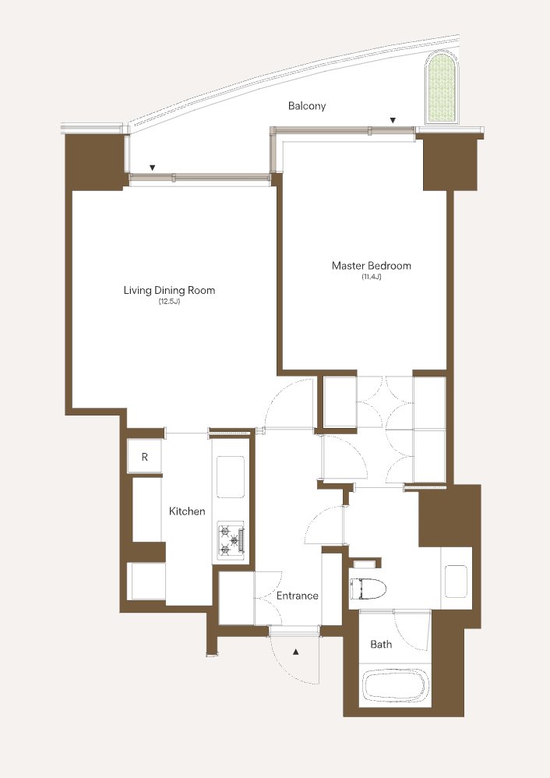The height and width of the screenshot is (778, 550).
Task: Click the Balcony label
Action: point(307,106)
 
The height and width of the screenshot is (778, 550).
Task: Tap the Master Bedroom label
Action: point(372,266)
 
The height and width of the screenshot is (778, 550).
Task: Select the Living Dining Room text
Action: point(169,290)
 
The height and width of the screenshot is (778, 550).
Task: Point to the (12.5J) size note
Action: point(169,302)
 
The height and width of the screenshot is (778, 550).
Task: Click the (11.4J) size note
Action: point(372,277)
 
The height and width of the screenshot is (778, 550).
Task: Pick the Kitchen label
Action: point(187,511)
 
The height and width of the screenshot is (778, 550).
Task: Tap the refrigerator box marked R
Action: point(144,457)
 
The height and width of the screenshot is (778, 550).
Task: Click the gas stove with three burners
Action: point(231,539)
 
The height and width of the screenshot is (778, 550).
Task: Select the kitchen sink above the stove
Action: point(231,477)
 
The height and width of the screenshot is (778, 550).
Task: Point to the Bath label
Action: point(381,644)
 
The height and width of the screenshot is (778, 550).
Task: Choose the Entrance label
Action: point(297,596)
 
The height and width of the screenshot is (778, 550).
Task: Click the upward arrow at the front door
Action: point(296,652)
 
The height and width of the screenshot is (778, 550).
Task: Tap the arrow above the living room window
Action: point(153,168)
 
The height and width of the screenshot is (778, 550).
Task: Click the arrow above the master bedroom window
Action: point(393,120)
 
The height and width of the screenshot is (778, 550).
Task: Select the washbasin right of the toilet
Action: point(456,581)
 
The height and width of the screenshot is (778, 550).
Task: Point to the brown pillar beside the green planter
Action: point(450,162)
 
